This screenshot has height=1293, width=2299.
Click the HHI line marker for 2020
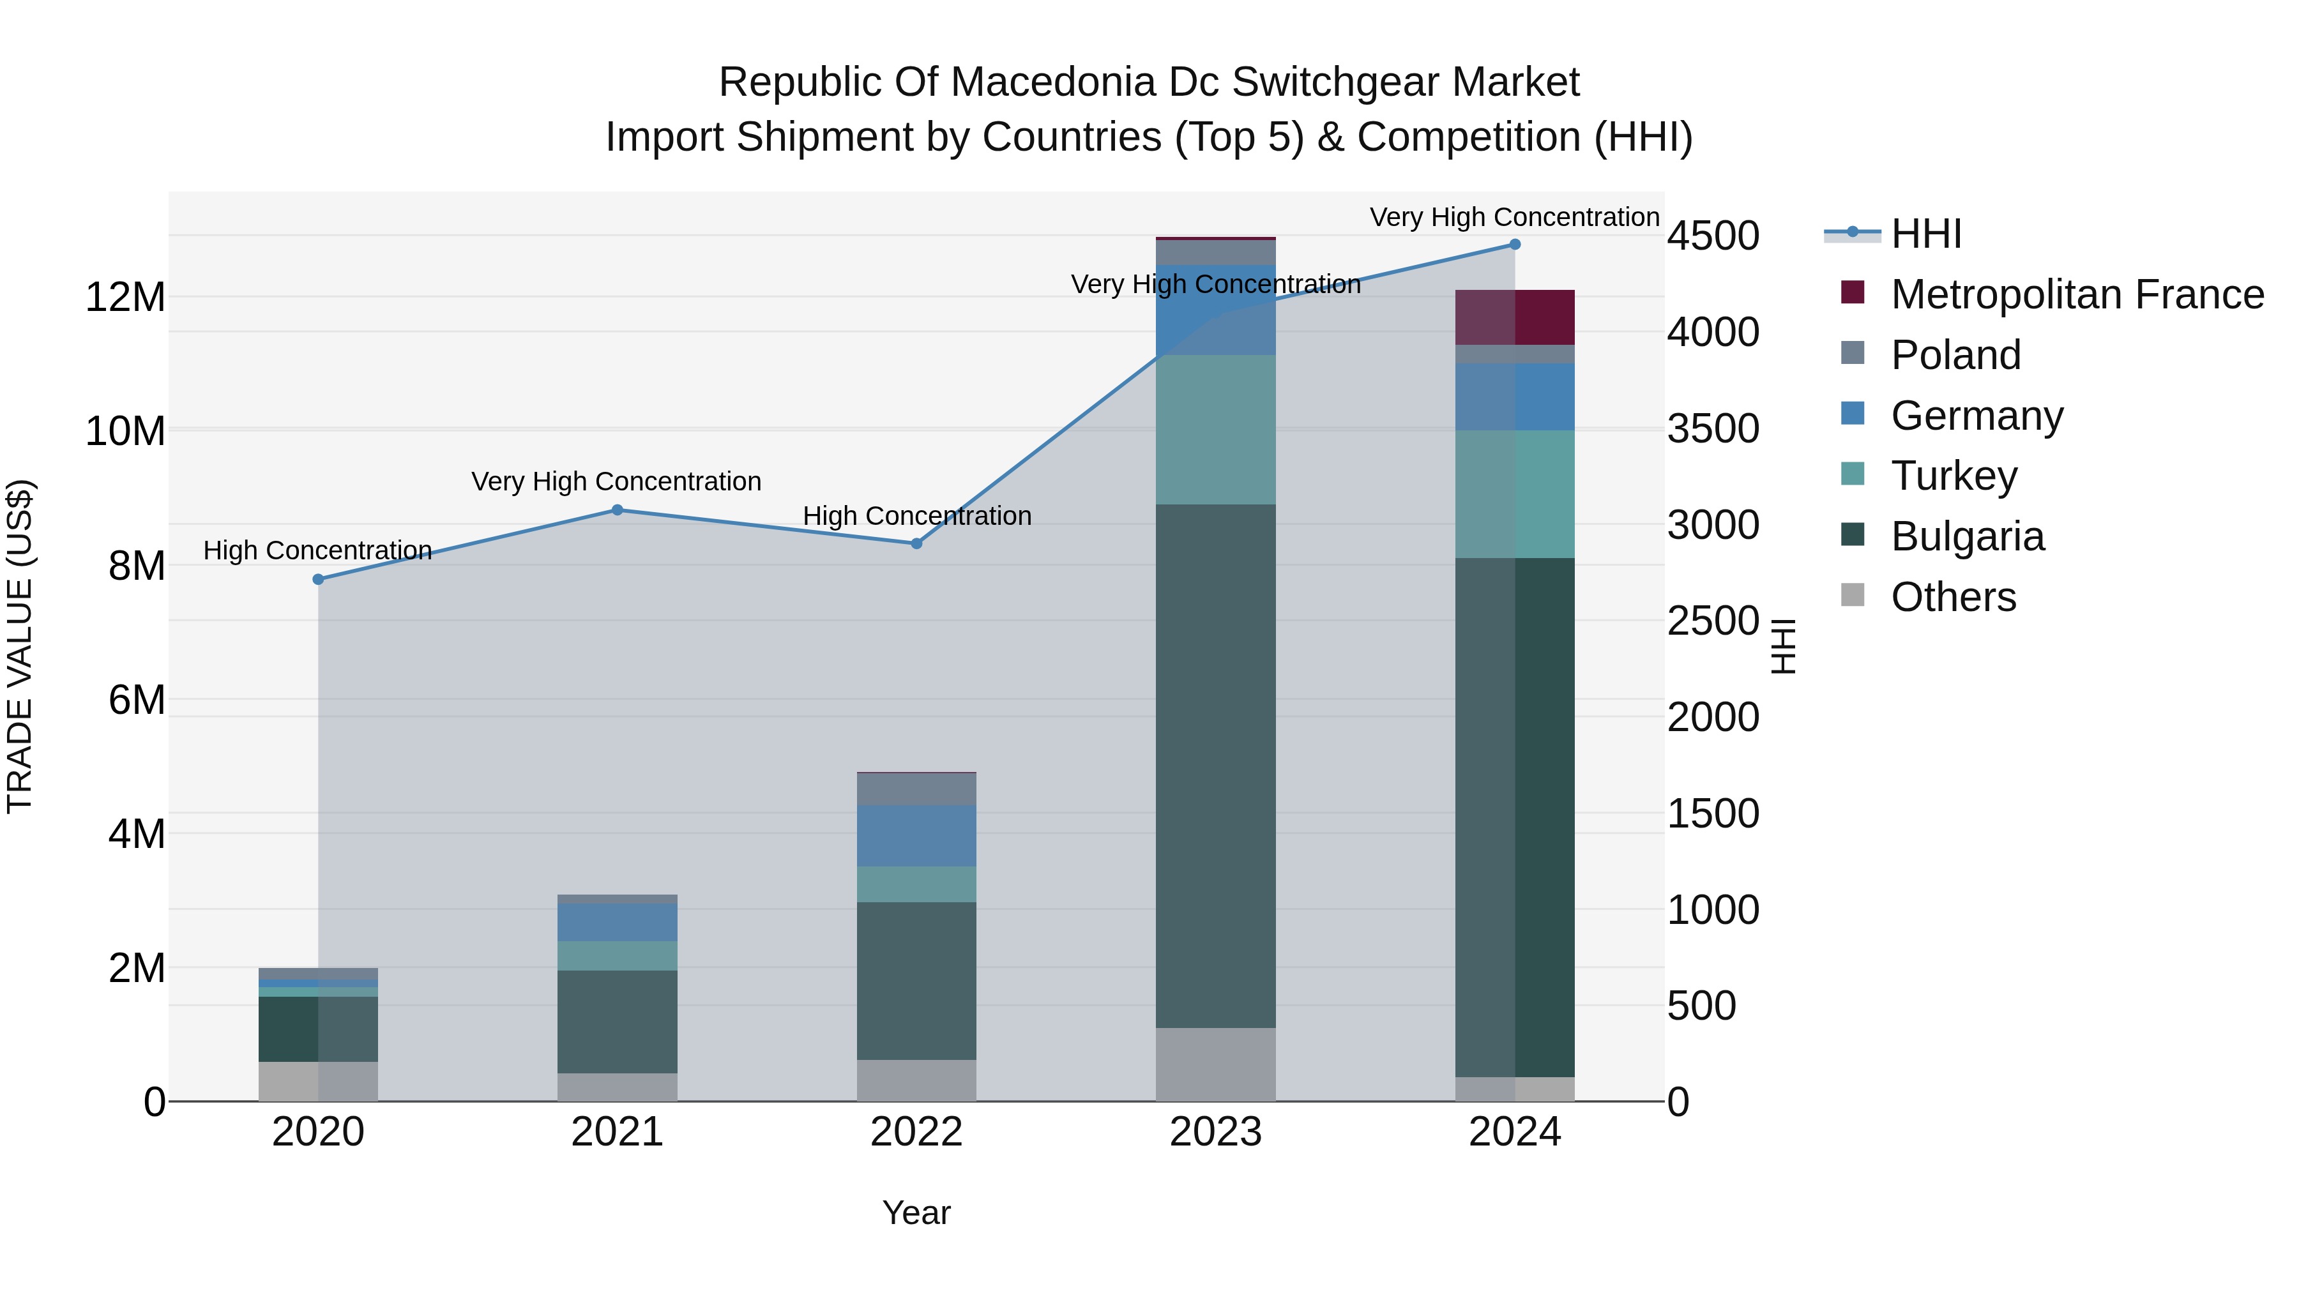319,579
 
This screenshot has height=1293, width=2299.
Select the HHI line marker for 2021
618,510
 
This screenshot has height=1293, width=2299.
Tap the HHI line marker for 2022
916,543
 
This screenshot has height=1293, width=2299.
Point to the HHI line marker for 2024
1515,245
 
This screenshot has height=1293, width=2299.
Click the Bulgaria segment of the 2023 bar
1215,766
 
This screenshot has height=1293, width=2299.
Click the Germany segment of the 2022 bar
916,835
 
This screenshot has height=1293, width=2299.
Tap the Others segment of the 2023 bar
1215,1064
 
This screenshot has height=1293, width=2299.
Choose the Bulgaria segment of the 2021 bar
618,1021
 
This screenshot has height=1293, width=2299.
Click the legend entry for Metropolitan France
2077,294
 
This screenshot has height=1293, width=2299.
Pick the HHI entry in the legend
1926,234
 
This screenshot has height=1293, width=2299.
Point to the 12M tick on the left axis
125,297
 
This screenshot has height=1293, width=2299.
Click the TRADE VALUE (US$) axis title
20,646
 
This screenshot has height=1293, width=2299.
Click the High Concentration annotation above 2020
318,550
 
